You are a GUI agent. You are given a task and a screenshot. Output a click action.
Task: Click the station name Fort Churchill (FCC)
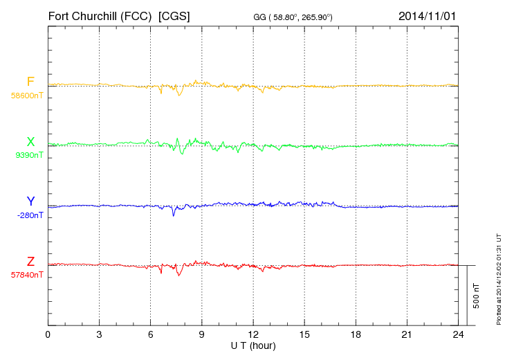tap(100, 15)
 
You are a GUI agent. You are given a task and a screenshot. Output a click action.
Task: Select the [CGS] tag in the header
tap(174, 15)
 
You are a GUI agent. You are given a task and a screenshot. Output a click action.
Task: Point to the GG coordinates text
tap(294, 17)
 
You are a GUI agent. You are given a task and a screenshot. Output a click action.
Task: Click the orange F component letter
tap(30, 82)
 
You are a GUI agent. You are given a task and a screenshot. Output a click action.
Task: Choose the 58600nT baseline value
tap(27, 96)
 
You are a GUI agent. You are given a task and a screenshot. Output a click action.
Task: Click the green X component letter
tap(30, 143)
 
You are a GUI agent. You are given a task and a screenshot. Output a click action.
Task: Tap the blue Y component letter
tap(30, 201)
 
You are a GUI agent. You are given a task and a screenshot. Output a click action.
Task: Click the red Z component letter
tap(30, 262)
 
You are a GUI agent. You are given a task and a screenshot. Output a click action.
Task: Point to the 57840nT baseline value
tap(26, 275)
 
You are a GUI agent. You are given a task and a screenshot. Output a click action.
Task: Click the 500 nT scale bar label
tap(476, 296)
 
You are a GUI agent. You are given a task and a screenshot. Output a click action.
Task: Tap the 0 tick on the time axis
tap(48, 335)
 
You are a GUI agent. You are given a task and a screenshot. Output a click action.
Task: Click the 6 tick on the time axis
tap(150, 335)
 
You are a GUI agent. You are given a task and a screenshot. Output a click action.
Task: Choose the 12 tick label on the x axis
tap(253, 335)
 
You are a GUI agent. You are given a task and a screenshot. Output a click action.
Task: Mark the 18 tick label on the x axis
tap(356, 335)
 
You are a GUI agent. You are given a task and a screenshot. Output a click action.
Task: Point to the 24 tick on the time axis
tap(458, 335)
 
